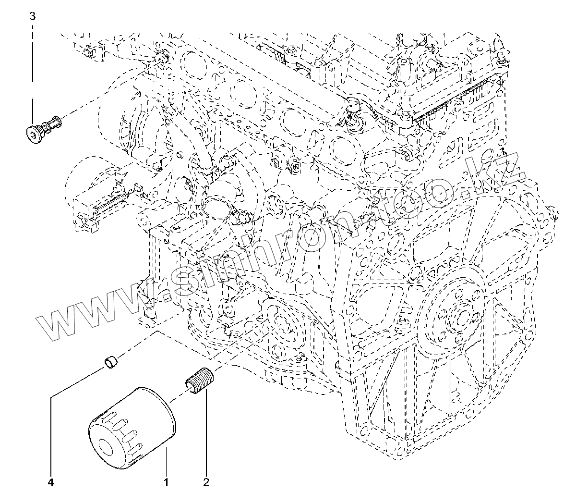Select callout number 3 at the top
coord(32,16)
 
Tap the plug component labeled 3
coord(43,128)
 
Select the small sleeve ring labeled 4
coord(112,361)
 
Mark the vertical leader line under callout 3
coord(32,72)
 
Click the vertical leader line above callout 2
coord(206,432)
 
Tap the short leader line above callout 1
coord(166,461)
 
